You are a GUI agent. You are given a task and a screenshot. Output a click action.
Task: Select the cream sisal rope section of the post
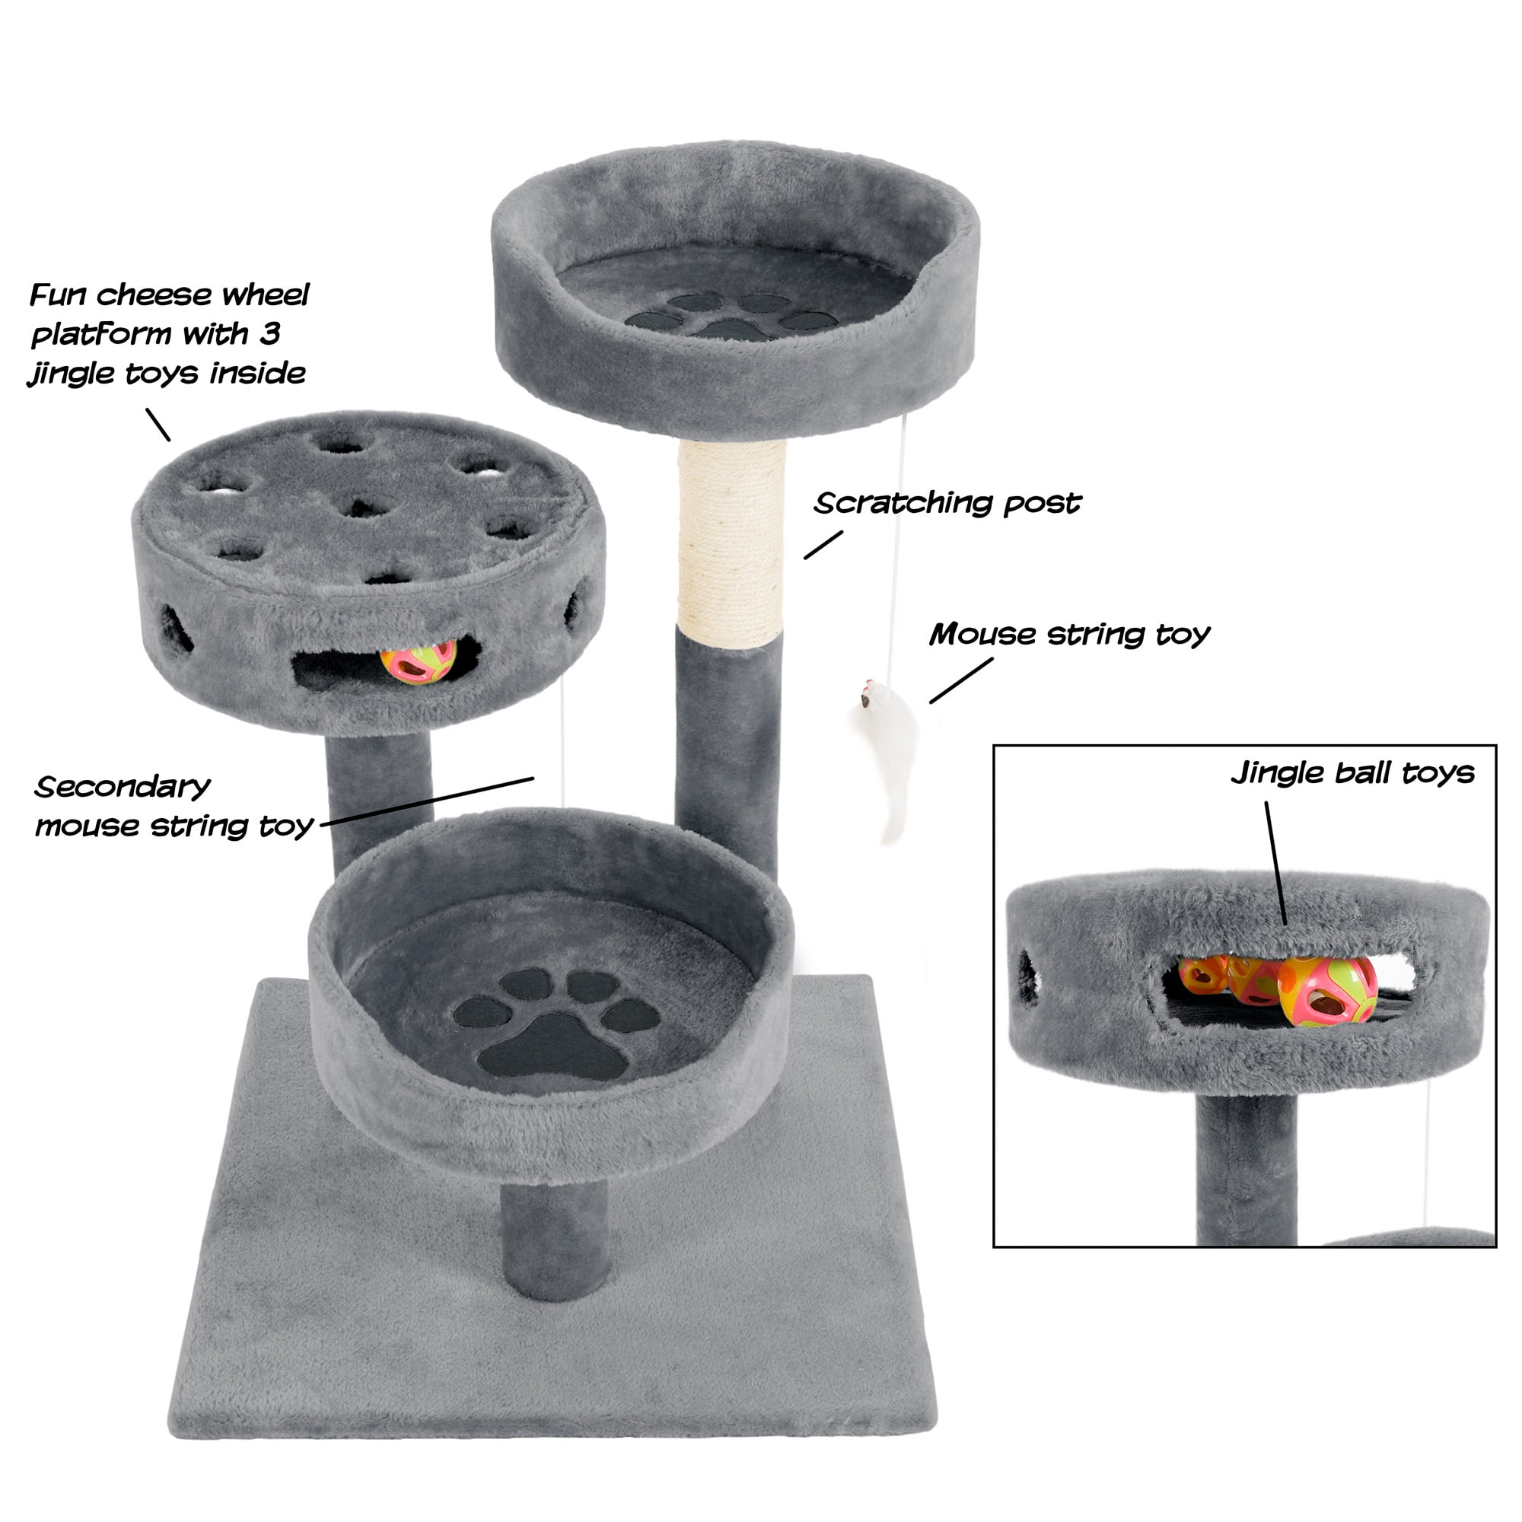732,543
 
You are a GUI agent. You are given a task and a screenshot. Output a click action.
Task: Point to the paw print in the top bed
732,316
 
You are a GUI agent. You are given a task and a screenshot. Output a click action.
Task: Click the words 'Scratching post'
947,503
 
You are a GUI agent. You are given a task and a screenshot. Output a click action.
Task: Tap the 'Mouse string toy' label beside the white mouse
1069,635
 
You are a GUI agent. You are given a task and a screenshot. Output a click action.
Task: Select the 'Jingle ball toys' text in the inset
1352,774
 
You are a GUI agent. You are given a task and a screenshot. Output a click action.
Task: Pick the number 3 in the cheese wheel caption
269,334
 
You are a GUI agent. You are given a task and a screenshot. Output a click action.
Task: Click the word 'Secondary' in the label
122,787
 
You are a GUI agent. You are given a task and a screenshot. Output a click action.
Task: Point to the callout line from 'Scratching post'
823,544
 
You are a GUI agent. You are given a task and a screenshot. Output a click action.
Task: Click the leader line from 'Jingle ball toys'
1276,863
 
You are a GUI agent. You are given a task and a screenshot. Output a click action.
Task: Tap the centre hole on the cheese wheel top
363,507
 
